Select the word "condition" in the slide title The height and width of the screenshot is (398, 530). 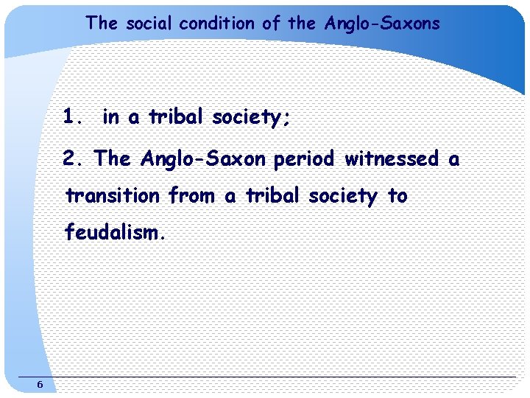click(x=219, y=24)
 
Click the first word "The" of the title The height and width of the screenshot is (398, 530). click(x=102, y=24)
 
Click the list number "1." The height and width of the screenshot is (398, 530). click(x=74, y=117)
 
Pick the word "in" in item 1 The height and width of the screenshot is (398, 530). click(x=111, y=117)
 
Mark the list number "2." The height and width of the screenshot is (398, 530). click(x=74, y=158)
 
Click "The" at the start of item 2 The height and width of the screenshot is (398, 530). click(x=113, y=158)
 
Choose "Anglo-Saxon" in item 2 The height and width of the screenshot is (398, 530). click(x=204, y=158)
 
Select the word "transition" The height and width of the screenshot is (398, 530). click(x=113, y=196)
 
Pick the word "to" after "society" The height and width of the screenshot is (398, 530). click(x=397, y=196)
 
